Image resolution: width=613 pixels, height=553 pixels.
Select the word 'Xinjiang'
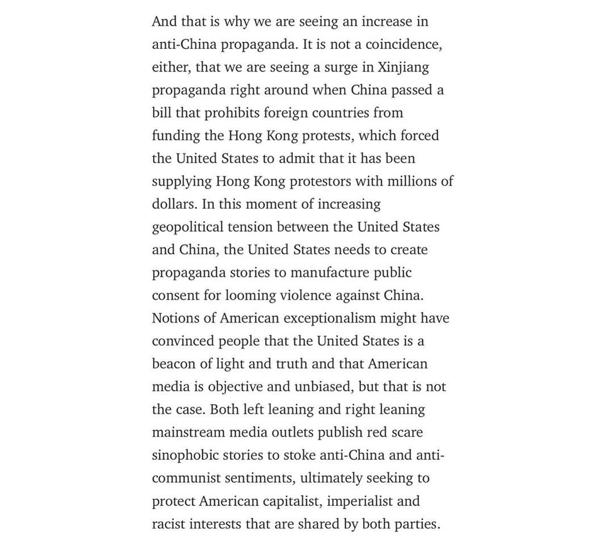point(403,68)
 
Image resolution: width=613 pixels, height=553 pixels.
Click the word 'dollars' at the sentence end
point(175,204)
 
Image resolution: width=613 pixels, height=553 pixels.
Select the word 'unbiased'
point(325,387)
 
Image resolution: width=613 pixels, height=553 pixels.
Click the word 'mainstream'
point(188,433)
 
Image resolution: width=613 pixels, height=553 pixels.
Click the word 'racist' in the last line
point(169,524)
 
